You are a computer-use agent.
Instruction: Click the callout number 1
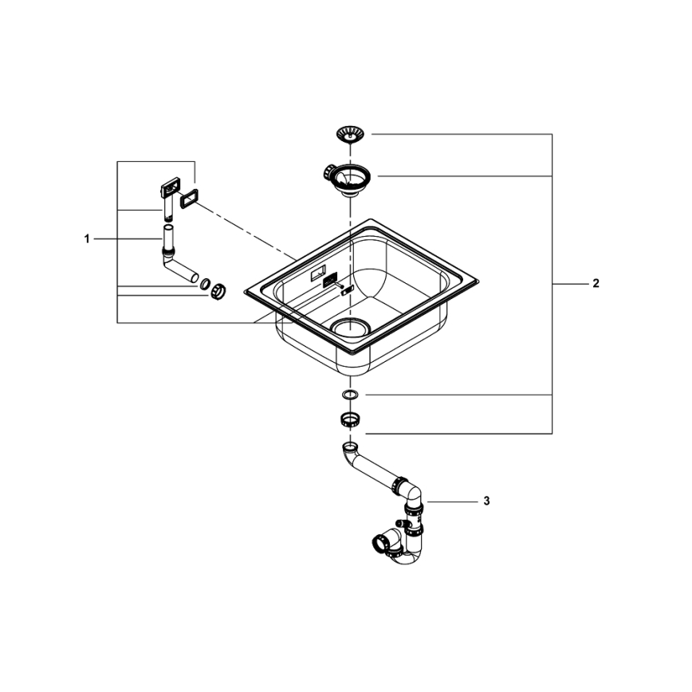[x=87, y=238]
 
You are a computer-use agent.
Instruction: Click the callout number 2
[x=596, y=283]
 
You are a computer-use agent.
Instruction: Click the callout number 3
[x=486, y=501]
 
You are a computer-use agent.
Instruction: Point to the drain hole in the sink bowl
[x=348, y=325]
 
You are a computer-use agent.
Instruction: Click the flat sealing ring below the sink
[x=349, y=395]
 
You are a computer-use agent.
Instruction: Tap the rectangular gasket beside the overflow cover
[x=190, y=199]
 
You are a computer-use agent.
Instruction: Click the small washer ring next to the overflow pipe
[x=205, y=283]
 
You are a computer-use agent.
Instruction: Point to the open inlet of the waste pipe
[x=349, y=446]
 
